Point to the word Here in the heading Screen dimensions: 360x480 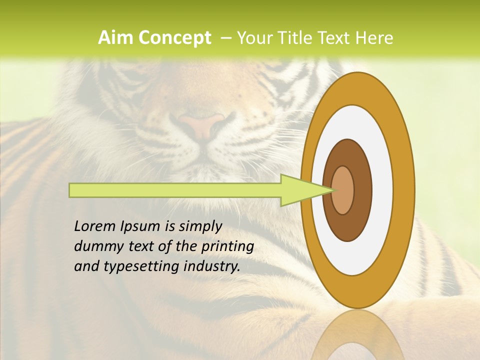pos(373,38)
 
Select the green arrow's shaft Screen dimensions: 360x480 pos(175,190)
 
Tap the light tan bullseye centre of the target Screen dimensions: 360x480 pos(343,190)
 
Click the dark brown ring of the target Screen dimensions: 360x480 pos(363,190)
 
